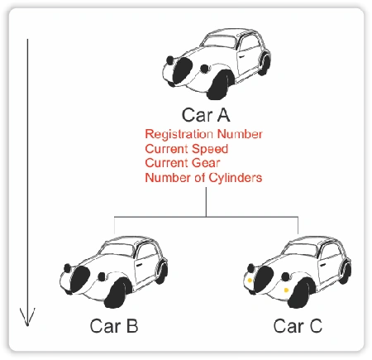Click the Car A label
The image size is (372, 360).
click(x=206, y=115)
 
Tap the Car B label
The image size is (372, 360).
click(x=114, y=326)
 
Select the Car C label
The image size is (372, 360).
click(x=298, y=326)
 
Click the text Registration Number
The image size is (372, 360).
click(x=203, y=134)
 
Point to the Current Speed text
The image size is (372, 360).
click(x=187, y=149)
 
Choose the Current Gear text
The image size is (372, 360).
click(x=183, y=163)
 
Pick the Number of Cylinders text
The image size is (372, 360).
click(x=203, y=177)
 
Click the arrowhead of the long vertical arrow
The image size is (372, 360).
click(x=27, y=317)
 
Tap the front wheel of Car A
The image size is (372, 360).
click(x=220, y=85)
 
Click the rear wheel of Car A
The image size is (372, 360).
click(x=265, y=64)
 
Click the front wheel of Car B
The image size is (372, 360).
click(x=117, y=293)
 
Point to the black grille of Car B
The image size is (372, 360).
click(x=80, y=278)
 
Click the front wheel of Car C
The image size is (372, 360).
click(x=301, y=293)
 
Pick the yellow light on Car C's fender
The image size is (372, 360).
click(x=286, y=290)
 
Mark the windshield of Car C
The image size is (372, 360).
click(x=301, y=250)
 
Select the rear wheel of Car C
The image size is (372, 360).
click(x=346, y=272)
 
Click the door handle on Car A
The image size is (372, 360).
click(x=241, y=56)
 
